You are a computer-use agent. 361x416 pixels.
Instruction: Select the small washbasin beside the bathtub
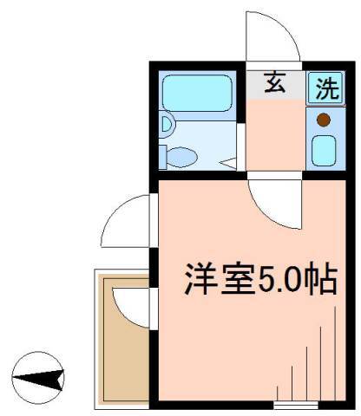167,127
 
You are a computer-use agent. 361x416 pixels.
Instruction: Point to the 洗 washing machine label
325,86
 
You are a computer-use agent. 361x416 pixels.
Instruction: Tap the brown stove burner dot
323,120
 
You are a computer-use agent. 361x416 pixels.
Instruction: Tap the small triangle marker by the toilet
227,161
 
